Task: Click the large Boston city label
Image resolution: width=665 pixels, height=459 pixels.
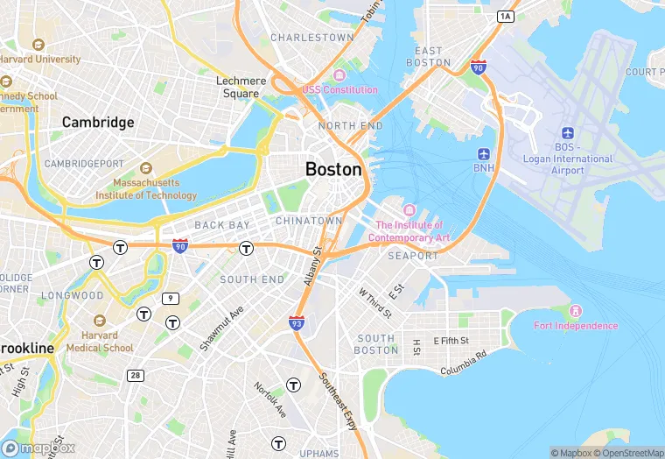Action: [x=333, y=169]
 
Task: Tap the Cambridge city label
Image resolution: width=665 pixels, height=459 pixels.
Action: [x=98, y=123]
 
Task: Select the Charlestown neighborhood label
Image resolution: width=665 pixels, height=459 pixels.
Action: [x=312, y=38]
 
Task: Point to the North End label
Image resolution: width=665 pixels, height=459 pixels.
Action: [x=350, y=126]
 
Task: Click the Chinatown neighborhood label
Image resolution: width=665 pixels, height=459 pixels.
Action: [x=309, y=221]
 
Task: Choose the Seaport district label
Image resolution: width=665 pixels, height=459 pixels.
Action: [x=413, y=256]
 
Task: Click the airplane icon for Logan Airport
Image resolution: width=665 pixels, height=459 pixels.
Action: [x=568, y=132]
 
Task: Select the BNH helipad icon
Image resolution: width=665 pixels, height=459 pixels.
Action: [x=484, y=154]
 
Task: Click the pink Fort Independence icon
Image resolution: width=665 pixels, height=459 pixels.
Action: [x=576, y=311]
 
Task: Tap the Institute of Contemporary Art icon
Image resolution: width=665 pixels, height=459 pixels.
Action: [x=409, y=211]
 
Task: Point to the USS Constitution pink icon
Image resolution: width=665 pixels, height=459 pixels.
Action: [x=339, y=74]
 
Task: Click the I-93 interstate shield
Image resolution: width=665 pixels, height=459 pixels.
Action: [x=297, y=323]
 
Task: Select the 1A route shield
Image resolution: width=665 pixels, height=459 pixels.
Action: [x=505, y=16]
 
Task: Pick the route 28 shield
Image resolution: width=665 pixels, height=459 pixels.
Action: [x=135, y=375]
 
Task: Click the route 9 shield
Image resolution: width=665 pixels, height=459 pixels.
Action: [x=170, y=298]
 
